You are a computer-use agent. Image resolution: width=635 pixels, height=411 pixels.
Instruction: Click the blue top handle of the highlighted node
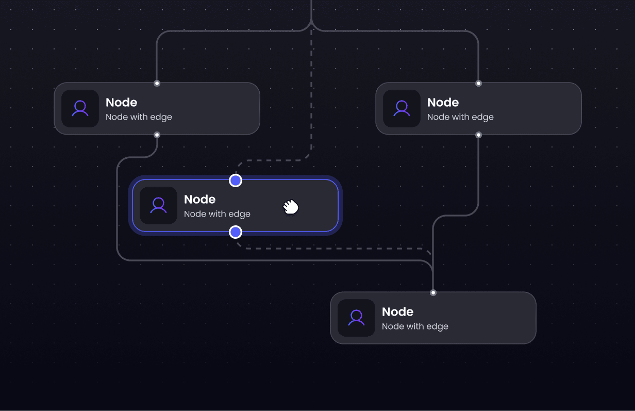[x=236, y=180]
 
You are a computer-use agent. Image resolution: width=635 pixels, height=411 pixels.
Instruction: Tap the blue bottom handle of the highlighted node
[x=236, y=232]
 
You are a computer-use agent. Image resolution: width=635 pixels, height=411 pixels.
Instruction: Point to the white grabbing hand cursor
[x=291, y=207]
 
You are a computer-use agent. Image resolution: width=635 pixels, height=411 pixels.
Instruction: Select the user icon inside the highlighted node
[x=158, y=205]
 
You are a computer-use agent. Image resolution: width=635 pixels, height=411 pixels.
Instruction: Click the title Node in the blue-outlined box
[x=199, y=199]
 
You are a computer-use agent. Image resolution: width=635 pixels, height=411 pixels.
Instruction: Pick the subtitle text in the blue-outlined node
[x=217, y=214]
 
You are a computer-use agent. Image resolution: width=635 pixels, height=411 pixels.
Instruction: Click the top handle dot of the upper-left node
[x=157, y=83]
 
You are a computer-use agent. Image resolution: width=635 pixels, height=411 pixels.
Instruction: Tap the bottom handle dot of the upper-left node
[x=157, y=135]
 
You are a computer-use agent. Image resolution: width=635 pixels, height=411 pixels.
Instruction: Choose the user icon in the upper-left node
[x=80, y=108]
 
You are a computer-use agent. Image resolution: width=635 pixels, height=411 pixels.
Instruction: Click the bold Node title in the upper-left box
[x=121, y=102]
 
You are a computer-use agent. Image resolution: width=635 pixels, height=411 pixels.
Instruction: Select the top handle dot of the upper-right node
[x=478, y=83]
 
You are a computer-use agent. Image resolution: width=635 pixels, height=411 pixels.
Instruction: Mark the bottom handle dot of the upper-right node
[x=478, y=135]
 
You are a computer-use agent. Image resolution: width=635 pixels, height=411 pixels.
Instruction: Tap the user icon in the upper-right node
[x=402, y=108]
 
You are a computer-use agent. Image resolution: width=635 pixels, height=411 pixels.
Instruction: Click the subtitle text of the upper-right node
[x=460, y=117]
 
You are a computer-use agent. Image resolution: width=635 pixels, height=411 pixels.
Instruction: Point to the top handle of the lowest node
[x=433, y=292]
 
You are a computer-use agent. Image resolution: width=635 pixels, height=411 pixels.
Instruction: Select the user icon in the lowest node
[x=356, y=318]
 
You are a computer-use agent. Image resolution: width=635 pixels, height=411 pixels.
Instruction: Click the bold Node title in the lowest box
[x=397, y=311]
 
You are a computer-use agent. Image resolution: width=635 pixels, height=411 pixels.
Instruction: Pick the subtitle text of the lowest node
[x=415, y=326]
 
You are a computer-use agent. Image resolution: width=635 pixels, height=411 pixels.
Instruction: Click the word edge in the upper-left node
[x=161, y=118]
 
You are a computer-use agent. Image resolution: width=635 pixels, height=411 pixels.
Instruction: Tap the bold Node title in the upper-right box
[x=443, y=102]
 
